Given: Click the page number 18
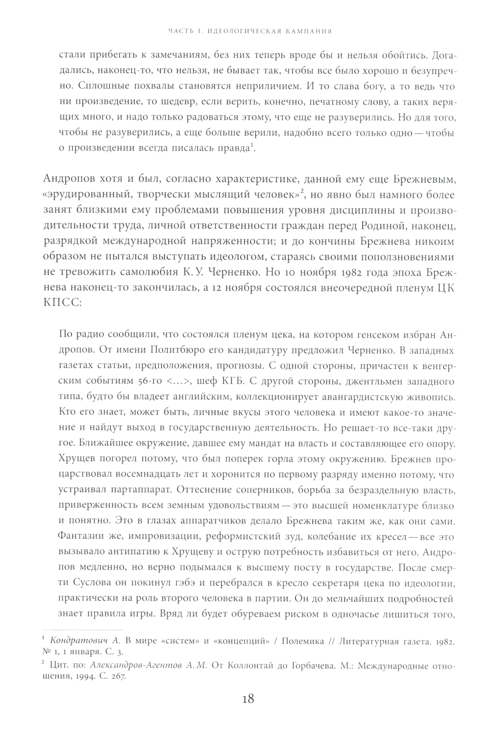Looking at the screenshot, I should click(x=245, y=699).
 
